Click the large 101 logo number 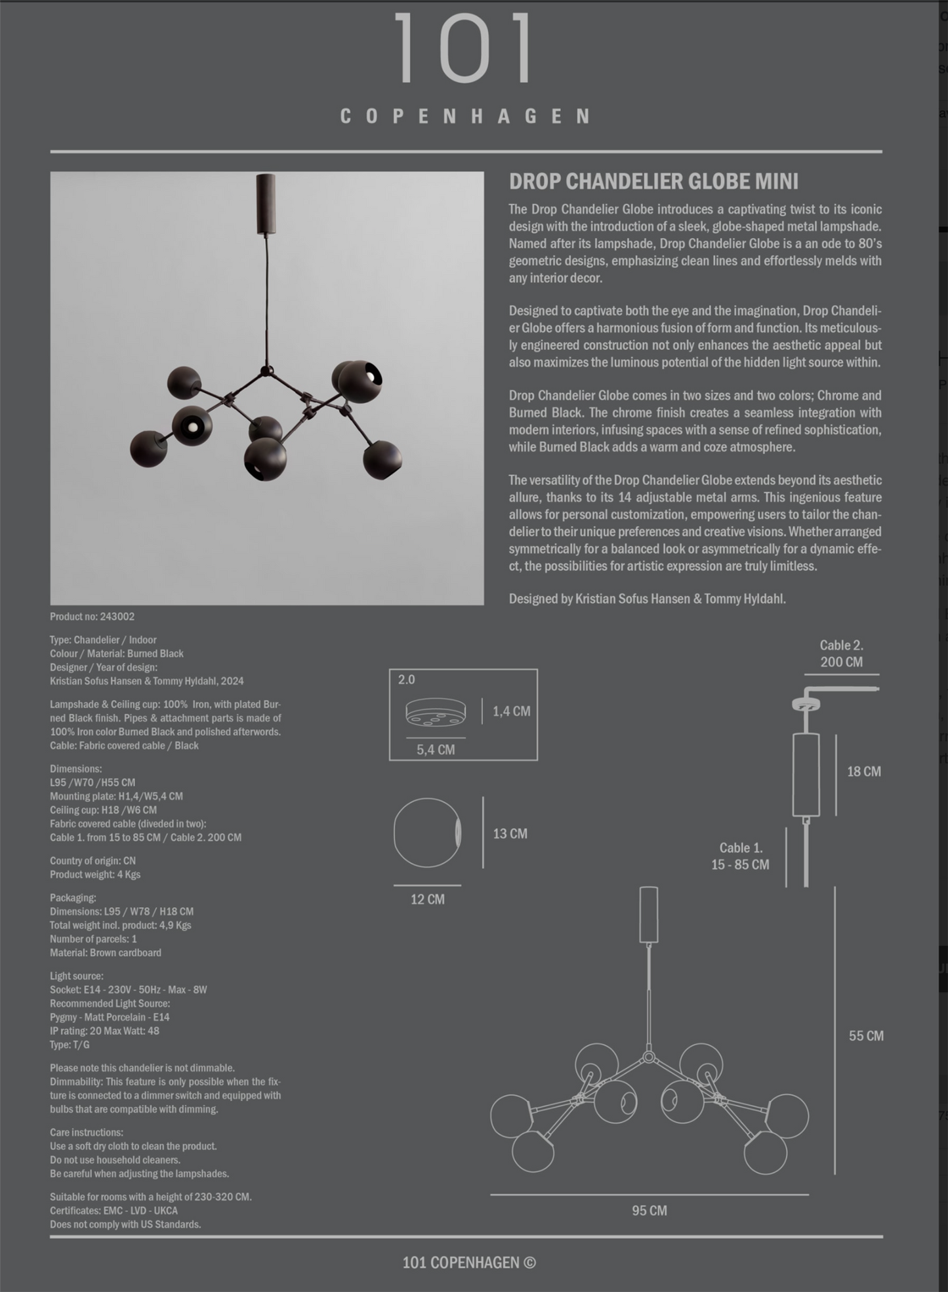coord(464,49)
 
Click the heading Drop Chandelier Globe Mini coord(653,182)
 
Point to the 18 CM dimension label coord(863,772)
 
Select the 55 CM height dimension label coord(866,1036)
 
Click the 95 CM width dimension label coord(649,1211)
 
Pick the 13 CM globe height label coord(510,834)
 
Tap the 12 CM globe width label coord(427,900)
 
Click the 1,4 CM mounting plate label coord(511,711)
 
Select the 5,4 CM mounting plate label coord(435,750)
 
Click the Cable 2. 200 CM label coord(841,654)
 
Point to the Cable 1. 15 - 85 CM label coord(740,856)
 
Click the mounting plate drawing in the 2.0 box coord(435,712)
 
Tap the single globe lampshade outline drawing coord(427,833)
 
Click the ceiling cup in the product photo coord(266,203)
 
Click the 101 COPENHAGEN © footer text coord(469,1262)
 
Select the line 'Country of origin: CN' coord(93,861)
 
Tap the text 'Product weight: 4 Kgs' coord(95,875)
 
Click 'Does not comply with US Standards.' coord(125,1224)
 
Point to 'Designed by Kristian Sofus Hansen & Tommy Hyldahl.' coord(647,599)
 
